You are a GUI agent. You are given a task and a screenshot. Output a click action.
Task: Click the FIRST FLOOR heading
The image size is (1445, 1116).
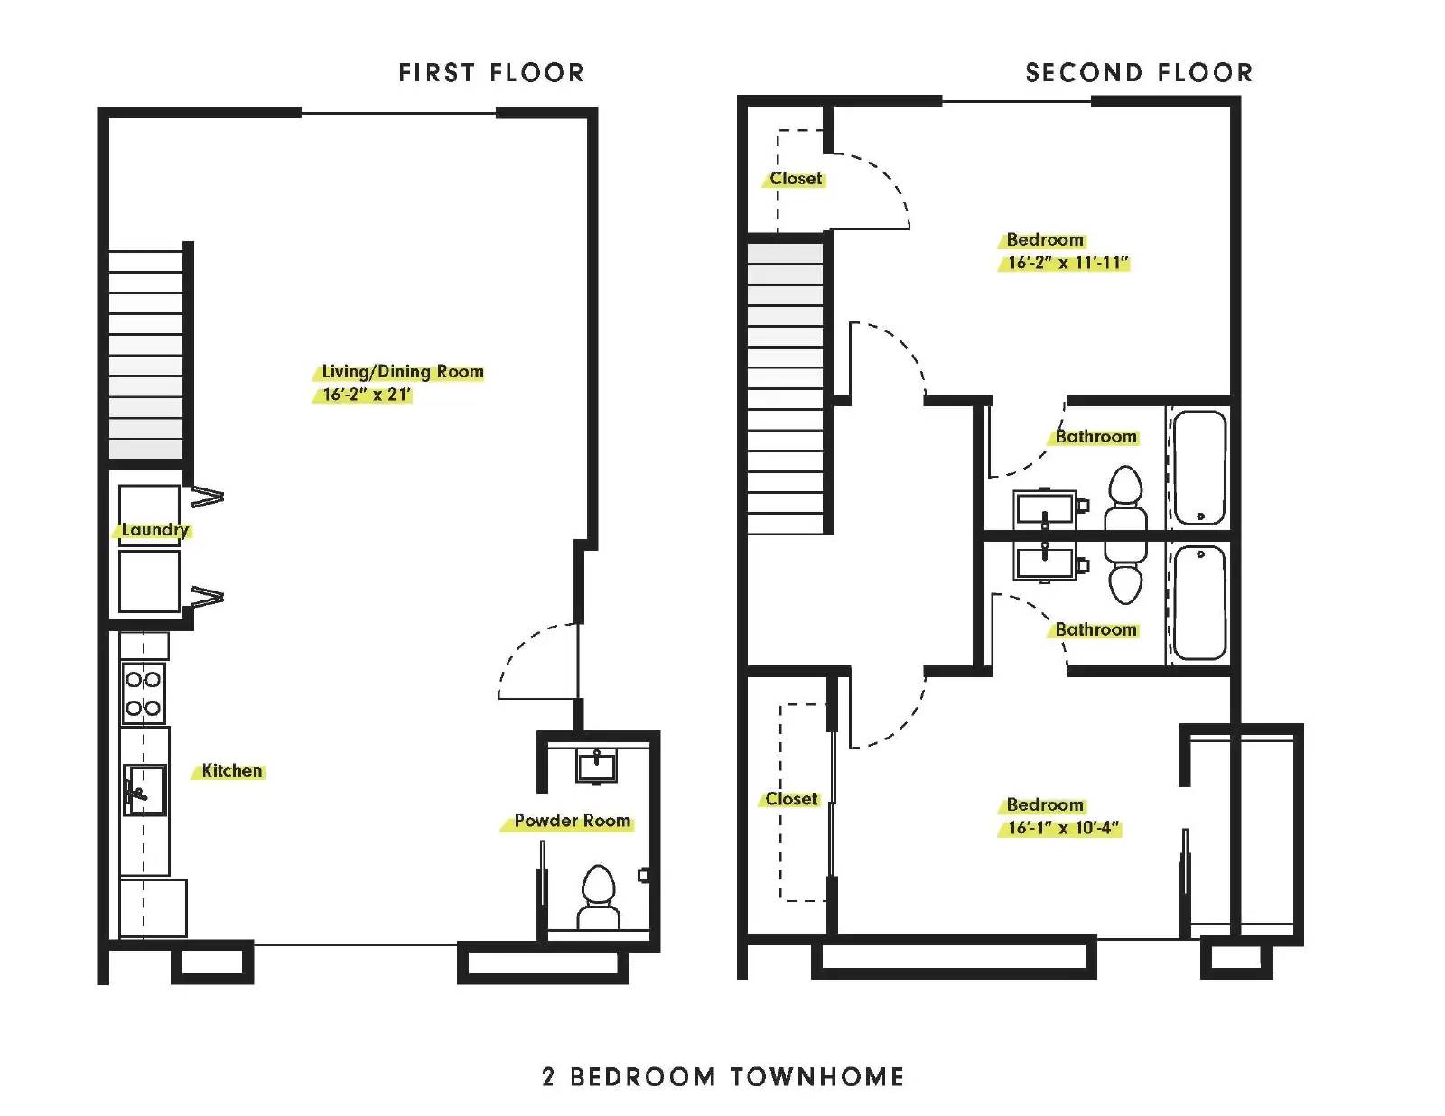point(491,72)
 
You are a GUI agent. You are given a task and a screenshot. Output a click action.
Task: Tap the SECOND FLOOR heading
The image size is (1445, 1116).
point(1139,72)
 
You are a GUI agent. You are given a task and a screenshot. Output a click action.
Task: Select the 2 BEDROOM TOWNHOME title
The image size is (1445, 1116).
point(723,1076)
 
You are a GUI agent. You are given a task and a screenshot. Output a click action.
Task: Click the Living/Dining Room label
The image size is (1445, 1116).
point(402,372)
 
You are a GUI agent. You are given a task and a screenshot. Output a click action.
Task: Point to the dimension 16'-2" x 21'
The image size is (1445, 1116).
point(367,395)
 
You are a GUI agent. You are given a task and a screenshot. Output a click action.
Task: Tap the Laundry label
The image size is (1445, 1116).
point(155,530)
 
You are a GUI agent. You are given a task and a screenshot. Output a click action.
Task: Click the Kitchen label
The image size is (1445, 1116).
point(232,770)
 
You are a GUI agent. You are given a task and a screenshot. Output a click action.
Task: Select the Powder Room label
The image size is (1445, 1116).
point(573,820)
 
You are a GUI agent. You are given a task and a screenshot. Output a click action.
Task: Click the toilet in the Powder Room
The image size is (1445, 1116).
point(599,897)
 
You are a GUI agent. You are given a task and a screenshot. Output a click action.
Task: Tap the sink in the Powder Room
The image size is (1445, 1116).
point(596,766)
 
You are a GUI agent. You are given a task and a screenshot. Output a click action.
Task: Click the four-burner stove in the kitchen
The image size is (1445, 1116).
point(143,693)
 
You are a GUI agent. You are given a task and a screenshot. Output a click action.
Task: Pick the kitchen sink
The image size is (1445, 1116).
point(144,790)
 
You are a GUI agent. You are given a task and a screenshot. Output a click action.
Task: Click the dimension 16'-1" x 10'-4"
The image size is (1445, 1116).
point(1063,828)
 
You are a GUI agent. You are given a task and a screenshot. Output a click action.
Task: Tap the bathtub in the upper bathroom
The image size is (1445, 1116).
point(1199,468)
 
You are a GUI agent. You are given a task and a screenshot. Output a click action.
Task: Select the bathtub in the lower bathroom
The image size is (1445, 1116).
point(1199,602)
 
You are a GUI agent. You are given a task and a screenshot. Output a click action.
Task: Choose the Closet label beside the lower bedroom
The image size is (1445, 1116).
point(791,798)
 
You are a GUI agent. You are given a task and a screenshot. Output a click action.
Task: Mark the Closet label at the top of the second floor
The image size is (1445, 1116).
point(796,178)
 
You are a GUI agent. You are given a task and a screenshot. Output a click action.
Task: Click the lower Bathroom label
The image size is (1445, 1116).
point(1095,629)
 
